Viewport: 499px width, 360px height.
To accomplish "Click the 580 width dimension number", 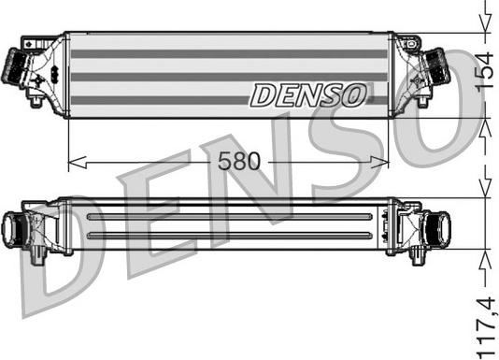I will click(x=239, y=161).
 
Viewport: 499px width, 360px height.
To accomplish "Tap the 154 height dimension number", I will click(x=484, y=72).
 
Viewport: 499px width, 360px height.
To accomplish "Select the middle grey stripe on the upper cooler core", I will click(x=228, y=77).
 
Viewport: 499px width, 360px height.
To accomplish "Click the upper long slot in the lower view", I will click(x=234, y=217).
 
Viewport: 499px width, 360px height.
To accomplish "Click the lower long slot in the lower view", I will click(x=234, y=235).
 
